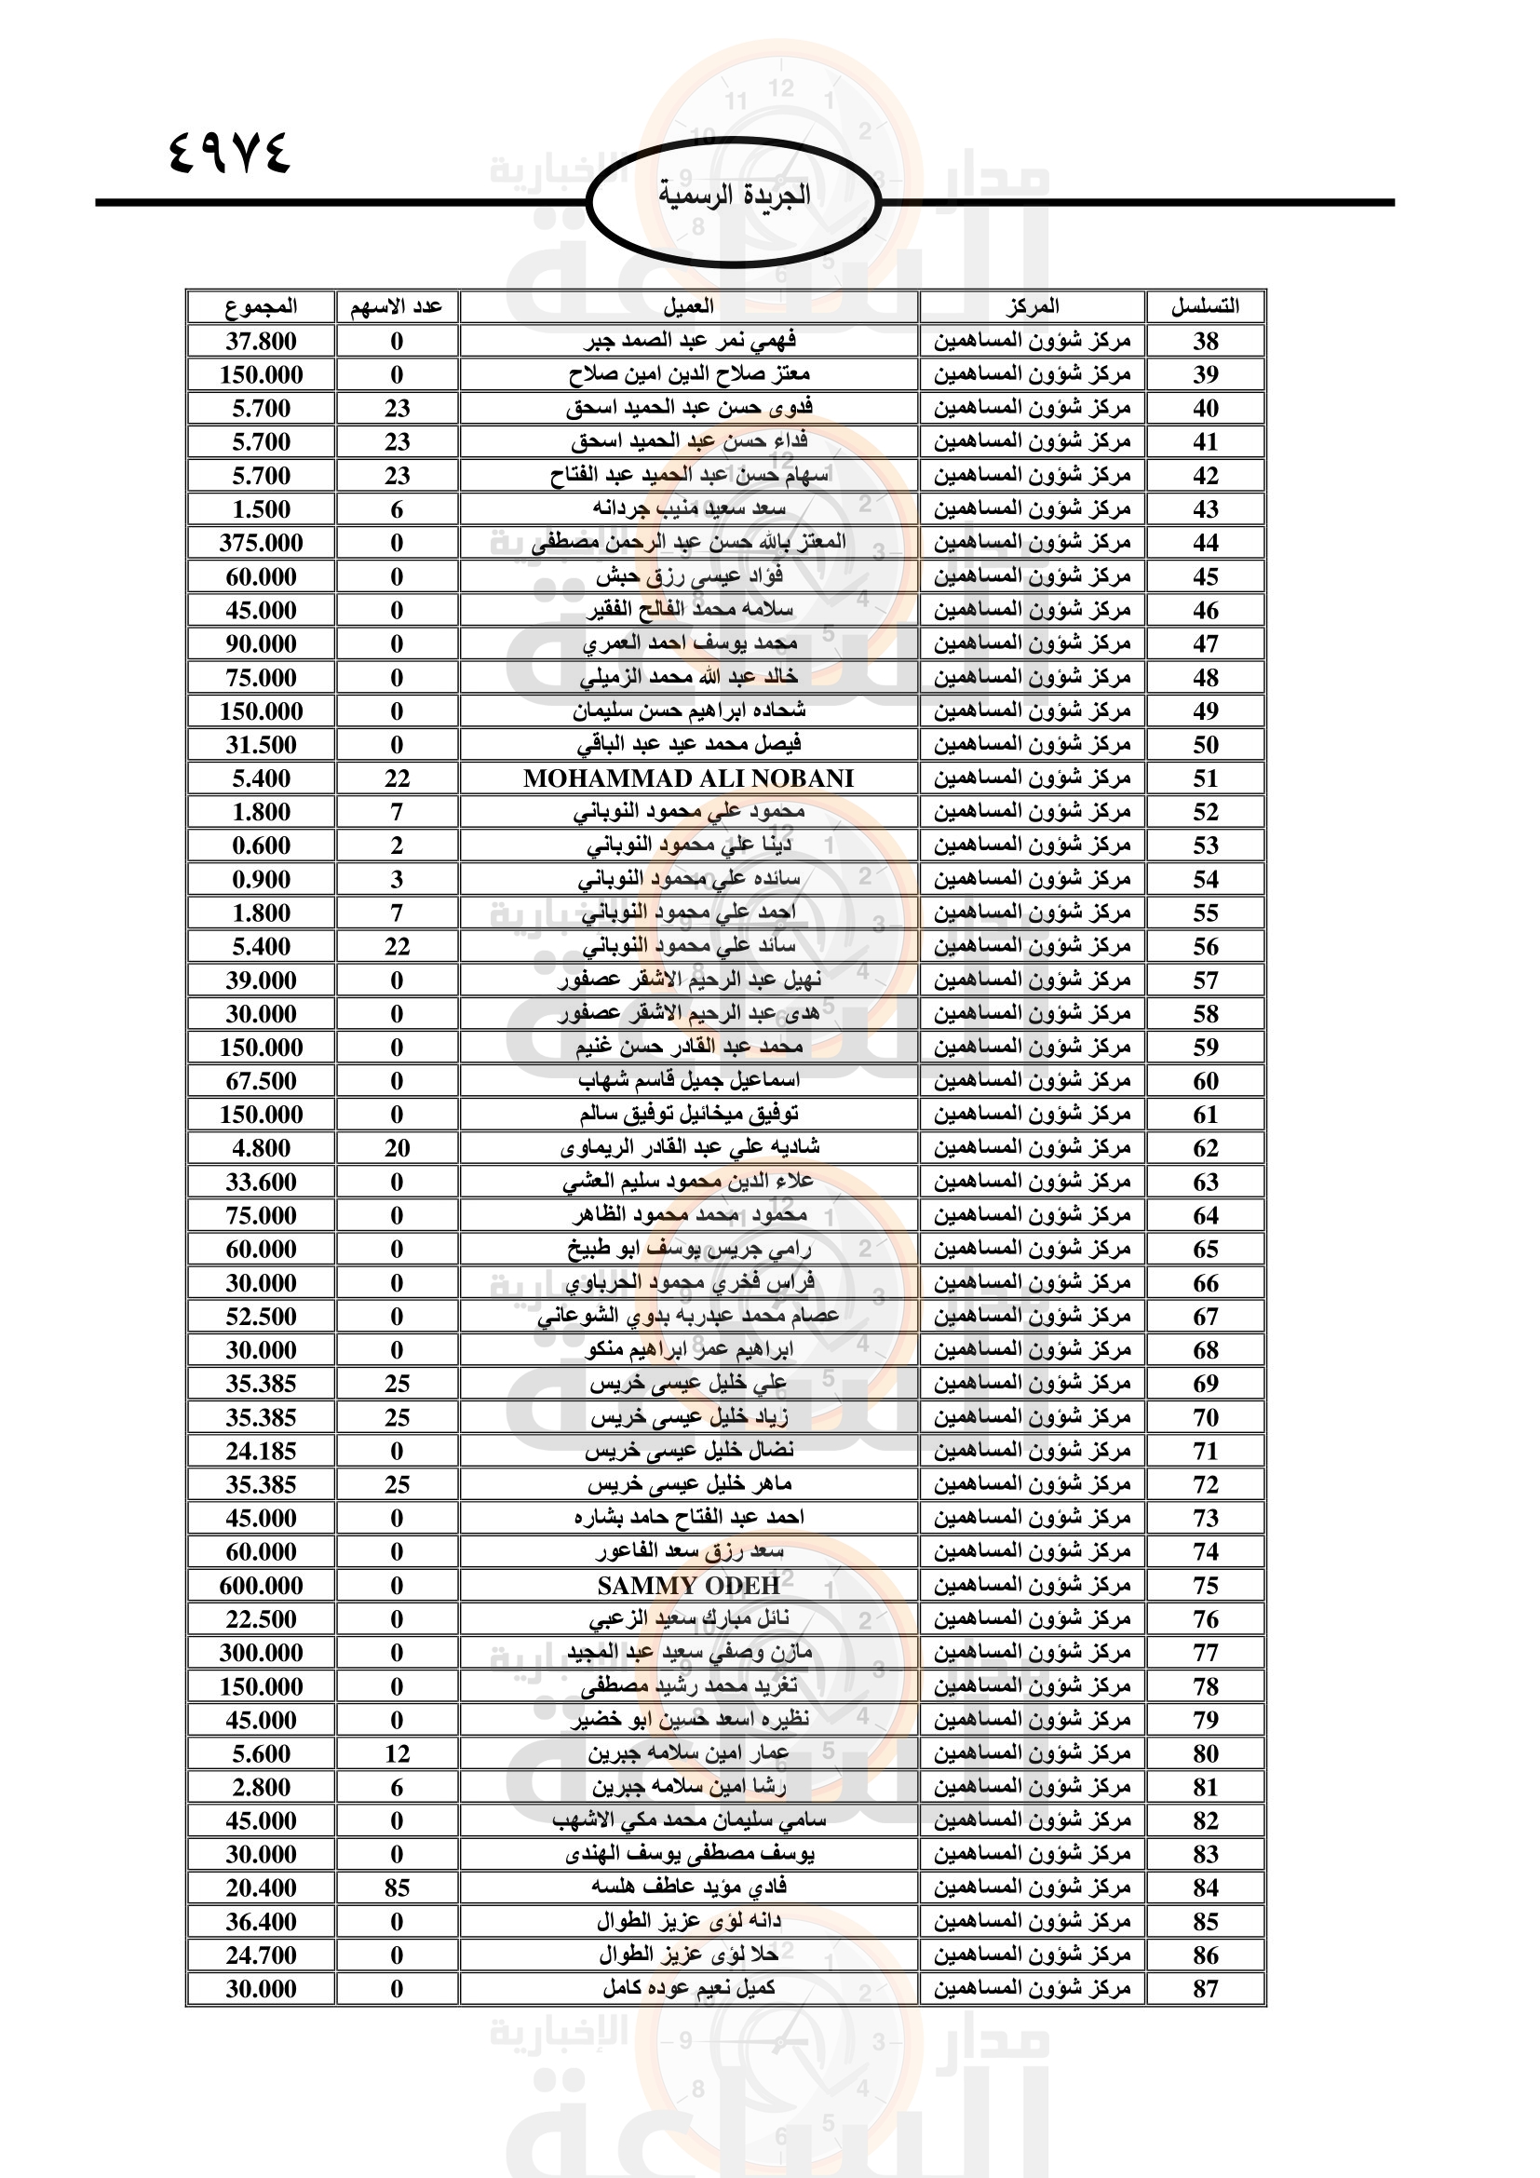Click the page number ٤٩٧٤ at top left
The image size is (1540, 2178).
click(229, 152)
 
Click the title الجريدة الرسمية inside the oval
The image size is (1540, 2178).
click(734, 196)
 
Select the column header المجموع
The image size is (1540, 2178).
click(261, 306)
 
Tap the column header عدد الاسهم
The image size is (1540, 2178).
click(397, 306)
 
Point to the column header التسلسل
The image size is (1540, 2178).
click(1204, 306)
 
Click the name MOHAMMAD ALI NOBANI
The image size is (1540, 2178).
click(688, 778)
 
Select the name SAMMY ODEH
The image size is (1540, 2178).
click(688, 1586)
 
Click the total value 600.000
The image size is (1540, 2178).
click(261, 1586)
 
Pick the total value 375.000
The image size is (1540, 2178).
click(261, 543)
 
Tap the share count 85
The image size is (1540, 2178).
click(397, 1888)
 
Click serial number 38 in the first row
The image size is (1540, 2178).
click(1205, 342)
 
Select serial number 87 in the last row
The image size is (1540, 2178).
click(1205, 1989)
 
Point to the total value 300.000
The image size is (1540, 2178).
click(261, 1654)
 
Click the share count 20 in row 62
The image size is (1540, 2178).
click(397, 1149)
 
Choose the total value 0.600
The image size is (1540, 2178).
click(261, 846)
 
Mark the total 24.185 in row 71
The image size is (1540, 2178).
click(261, 1452)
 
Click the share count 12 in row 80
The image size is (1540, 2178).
click(397, 1754)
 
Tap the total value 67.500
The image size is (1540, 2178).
click(261, 1081)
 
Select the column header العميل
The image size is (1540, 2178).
click(688, 306)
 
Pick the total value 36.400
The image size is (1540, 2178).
click(261, 1922)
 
